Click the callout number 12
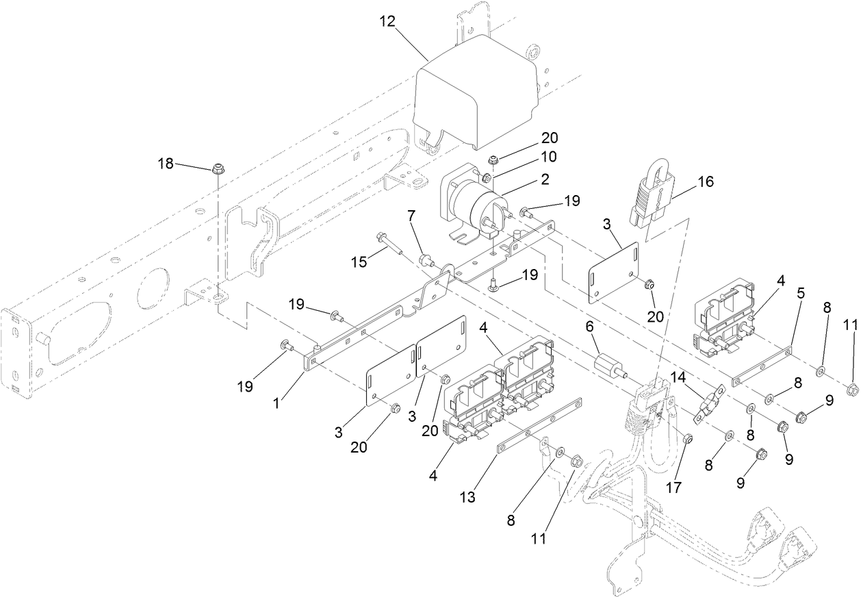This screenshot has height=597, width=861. [387, 22]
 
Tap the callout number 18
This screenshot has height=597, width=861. [166, 164]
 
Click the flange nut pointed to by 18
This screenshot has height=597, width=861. [217, 168]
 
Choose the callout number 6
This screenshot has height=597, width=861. [589, 328]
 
